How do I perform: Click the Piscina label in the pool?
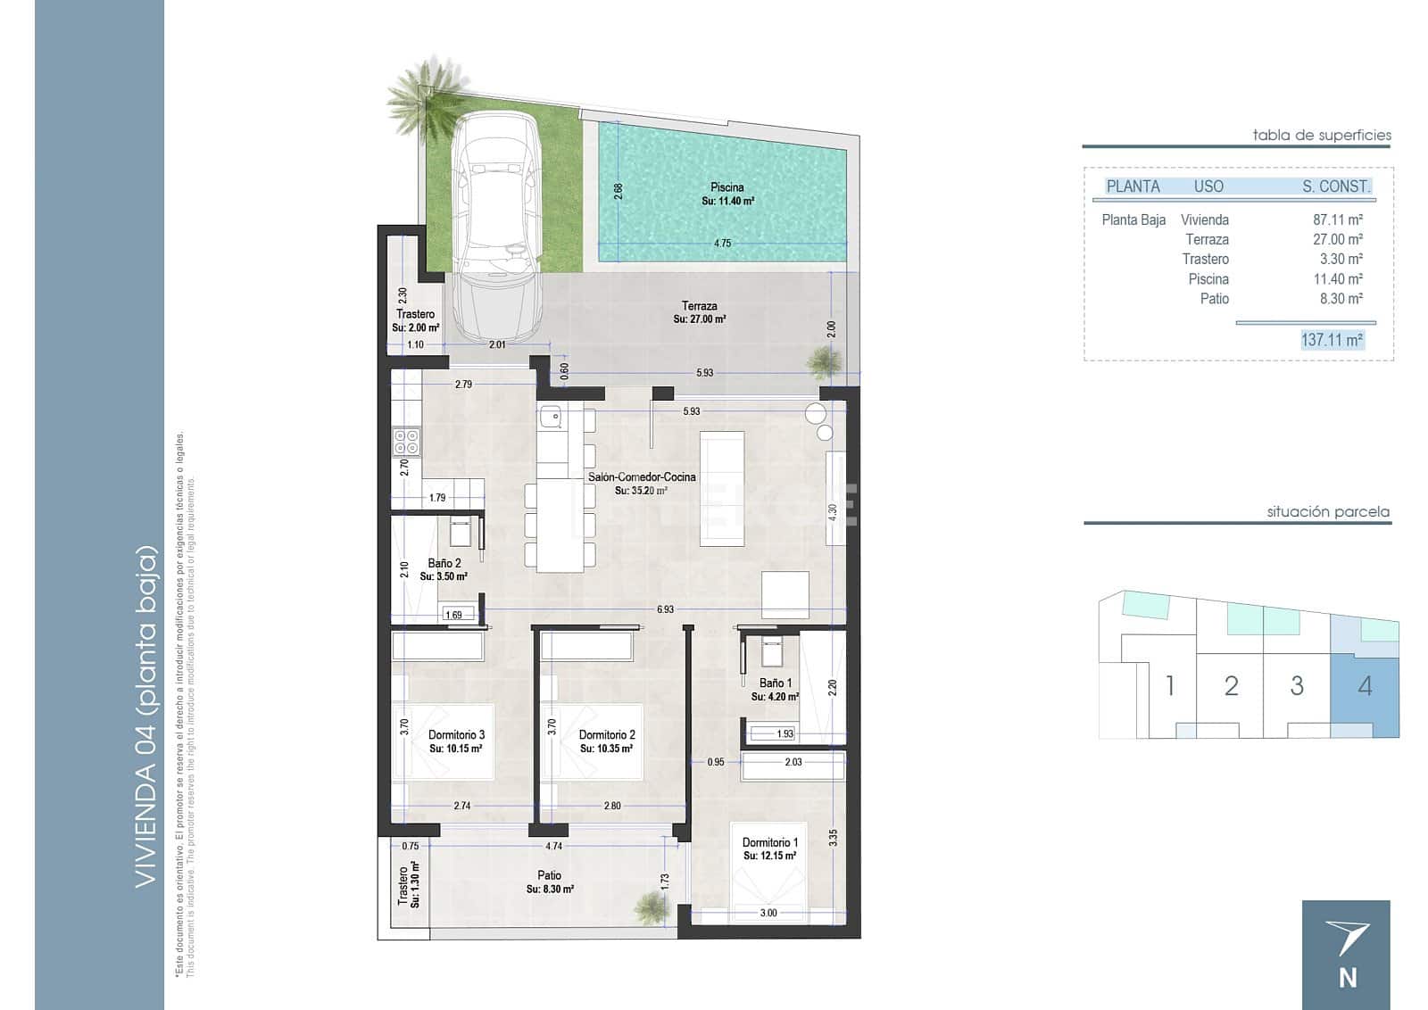click(727, 187)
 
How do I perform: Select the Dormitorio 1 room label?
click(769, 842)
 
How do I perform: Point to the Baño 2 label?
click(444, 563)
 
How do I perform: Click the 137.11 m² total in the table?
click(1332, 340)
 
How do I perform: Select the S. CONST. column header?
click(1335, 186)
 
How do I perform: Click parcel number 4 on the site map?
click(1365, 686)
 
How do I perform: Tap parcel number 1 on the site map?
click(1169, 686)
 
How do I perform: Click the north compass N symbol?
click(1347, 977)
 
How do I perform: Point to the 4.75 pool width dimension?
click(722, 243)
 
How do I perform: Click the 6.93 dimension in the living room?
click(665, 609)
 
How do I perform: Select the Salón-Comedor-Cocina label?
click(641, 477)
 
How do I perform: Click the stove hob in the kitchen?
click(406, 442)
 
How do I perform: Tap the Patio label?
click(549, 875)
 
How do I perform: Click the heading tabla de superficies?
click(1321, 136)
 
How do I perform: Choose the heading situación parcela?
click(1327, 512)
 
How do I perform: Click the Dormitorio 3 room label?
click(456, 735)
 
